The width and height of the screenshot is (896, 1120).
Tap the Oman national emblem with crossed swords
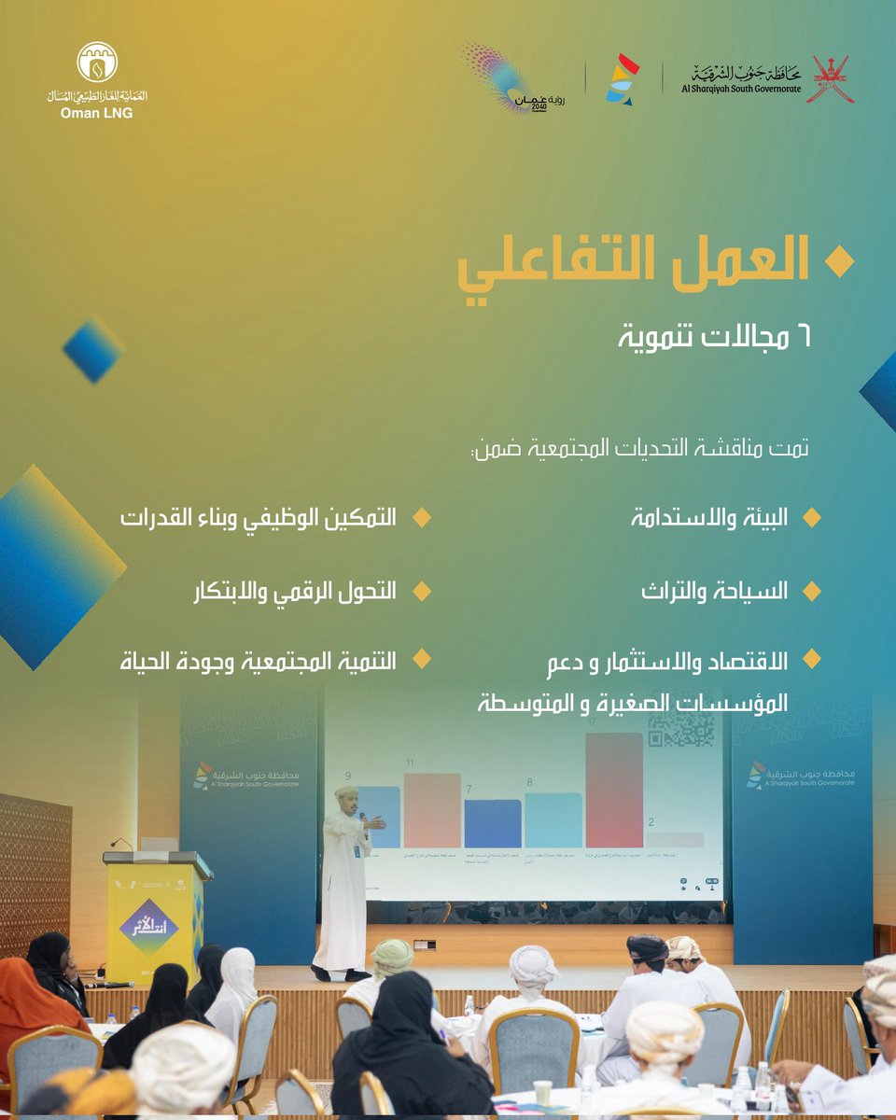833,79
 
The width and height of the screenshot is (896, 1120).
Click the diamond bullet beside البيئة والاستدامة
811,517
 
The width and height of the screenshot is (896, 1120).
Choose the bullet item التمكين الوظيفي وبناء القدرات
259,517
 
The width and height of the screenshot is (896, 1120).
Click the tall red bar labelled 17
614,790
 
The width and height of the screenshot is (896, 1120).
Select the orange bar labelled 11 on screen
432,810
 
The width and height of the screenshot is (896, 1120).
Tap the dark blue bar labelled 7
492,823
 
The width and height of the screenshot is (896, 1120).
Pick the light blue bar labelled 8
553,819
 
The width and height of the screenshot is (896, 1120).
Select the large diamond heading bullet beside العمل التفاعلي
842,264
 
